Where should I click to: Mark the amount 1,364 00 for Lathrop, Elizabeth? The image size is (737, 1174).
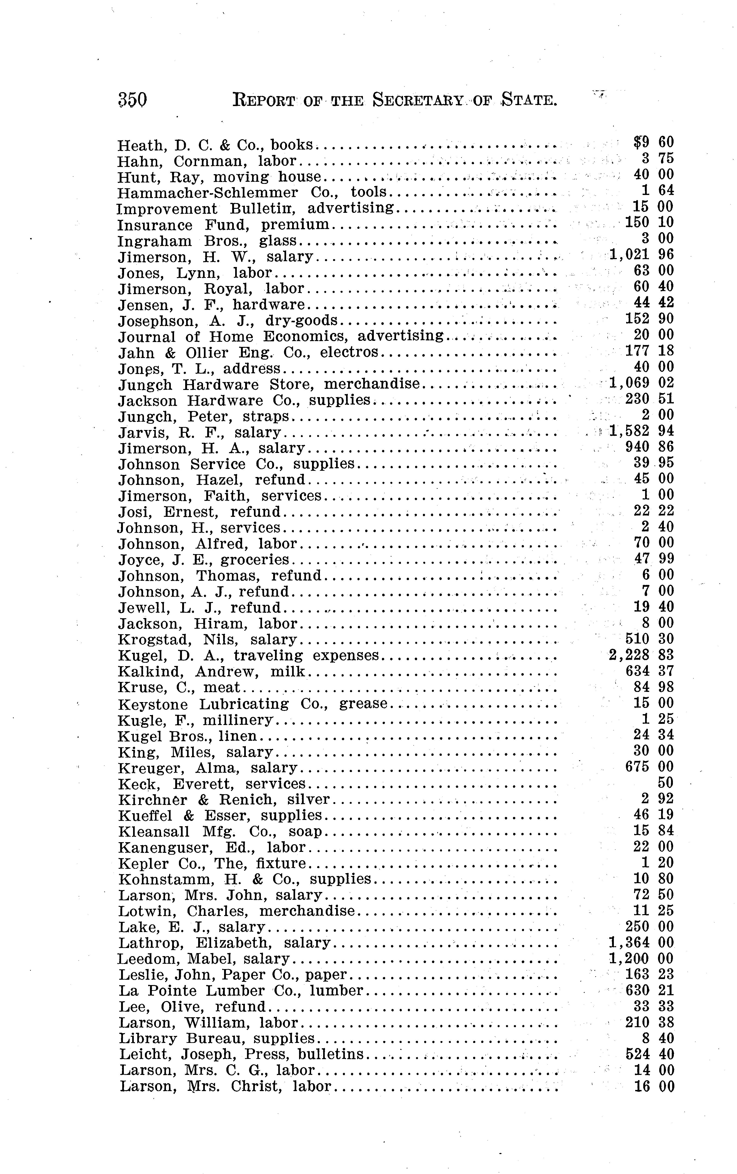pyautogui.click(x=641, y=942)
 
